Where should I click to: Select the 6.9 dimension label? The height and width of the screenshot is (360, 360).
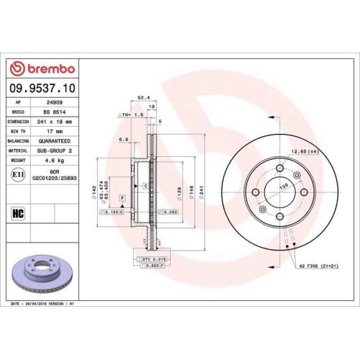(x=123, y=139)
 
